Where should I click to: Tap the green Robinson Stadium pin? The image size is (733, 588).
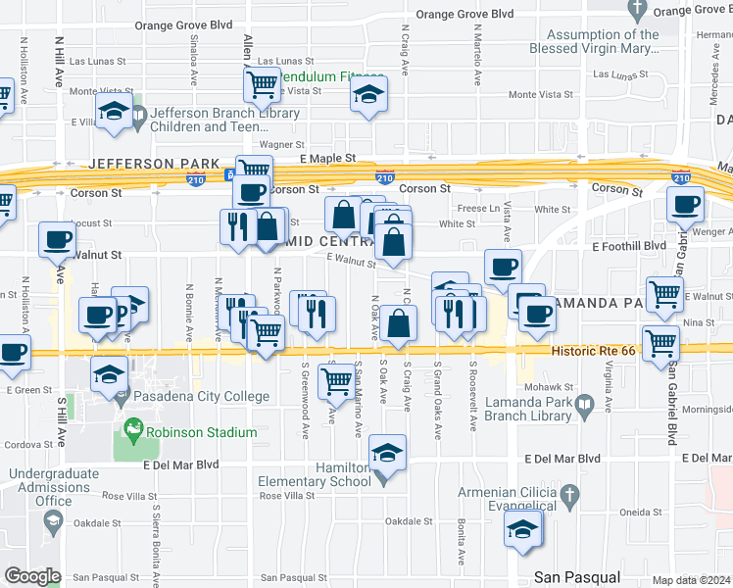tap(129, 430)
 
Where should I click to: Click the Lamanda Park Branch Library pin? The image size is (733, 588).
tap(585, 404)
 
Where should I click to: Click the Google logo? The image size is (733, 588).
tap(31, 576)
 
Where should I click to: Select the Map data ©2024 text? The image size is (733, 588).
tap(692, 579)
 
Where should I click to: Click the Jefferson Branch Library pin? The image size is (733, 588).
tap(137, 118)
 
